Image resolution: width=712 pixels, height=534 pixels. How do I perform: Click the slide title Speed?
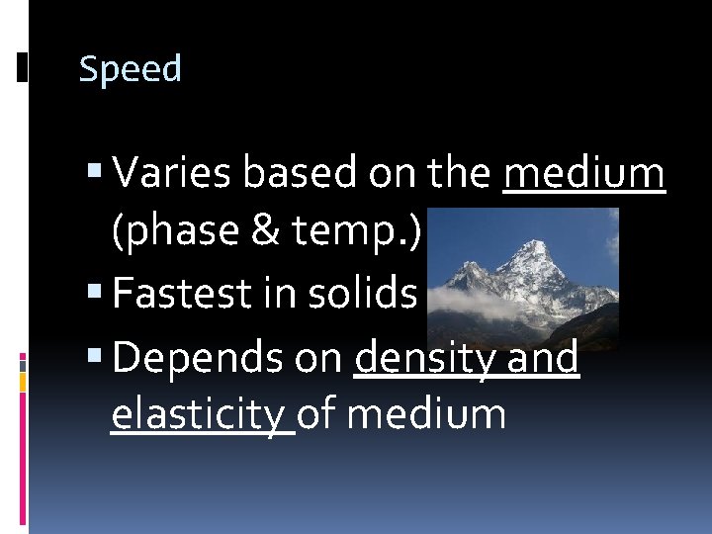coord(130,70)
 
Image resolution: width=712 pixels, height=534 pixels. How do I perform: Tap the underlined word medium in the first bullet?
coord(583,174)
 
